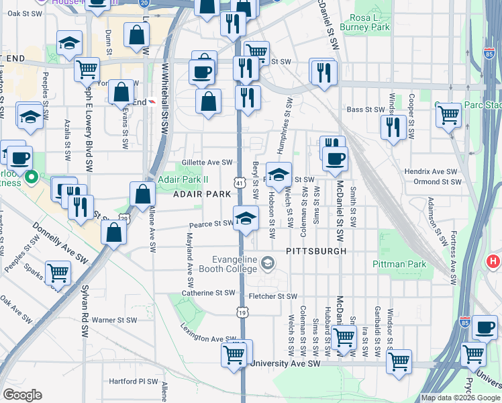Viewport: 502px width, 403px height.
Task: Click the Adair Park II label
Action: tap(183, 179)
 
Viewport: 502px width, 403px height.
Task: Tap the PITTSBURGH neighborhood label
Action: tap(315, 251)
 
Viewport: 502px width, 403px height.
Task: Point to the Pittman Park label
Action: tap(400, 264)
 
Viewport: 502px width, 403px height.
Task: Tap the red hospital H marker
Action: tap(493, 261)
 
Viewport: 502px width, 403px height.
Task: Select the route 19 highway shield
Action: tap(242, 312)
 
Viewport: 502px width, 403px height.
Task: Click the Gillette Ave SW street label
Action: tap(207, 162)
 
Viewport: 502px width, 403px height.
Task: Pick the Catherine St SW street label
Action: tap(209, 293)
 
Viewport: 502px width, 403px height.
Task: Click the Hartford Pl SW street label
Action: tap(132, 381)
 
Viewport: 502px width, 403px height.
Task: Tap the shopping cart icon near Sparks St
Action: tap(58, 272)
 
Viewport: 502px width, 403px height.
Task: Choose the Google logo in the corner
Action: tap(23, 395)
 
